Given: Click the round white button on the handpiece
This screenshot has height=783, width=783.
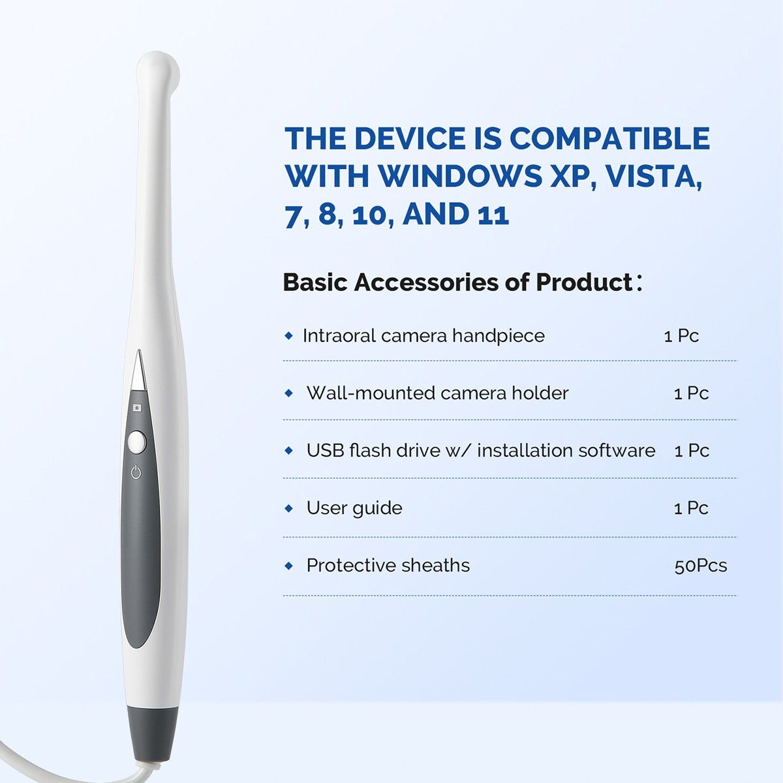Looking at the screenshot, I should pos(136,442).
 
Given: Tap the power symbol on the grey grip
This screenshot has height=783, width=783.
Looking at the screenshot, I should pos(136,472).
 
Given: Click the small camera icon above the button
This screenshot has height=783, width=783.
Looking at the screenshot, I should pos(137,408).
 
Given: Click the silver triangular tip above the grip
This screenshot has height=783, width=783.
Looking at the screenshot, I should pos(138,371).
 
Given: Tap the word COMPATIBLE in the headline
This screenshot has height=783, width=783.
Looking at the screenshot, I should pos(609,139).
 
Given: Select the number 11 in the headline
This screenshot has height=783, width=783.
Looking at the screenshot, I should pos(493,214).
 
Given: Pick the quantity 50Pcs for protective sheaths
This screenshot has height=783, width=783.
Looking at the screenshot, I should pos(700,566).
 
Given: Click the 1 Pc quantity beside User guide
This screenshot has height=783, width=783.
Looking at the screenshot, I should pos(691,508).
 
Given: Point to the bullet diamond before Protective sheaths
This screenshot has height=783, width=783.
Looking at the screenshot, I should pos(289,566).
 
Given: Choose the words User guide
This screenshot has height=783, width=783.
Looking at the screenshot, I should pos(354,508).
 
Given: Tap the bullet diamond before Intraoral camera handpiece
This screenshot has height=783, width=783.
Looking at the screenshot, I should pos(289,336).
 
